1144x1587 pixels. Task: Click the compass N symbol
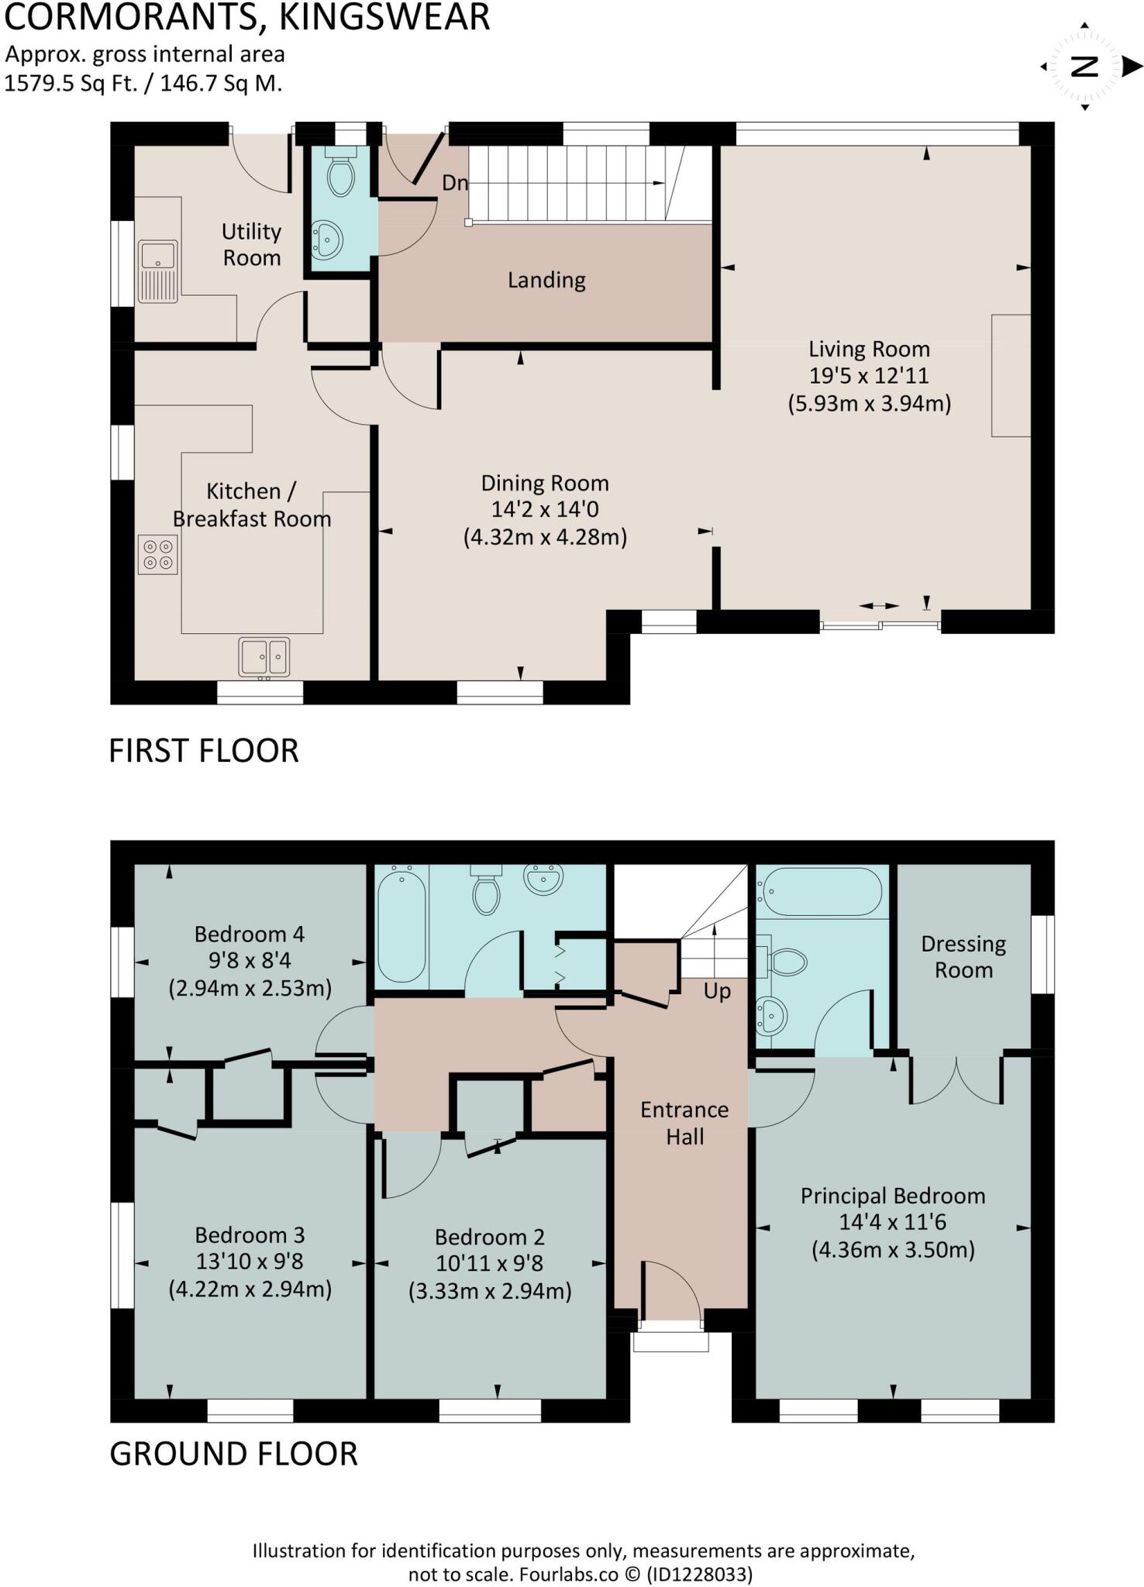pyautogui.click(x=1084, y=67)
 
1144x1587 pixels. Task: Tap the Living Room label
pyautogui.click(x=869, y=349)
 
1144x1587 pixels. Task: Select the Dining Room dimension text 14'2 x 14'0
pyautogui.click(x=545, y=509)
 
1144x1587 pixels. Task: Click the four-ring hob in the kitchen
pyautogui.click(x=157, y=555)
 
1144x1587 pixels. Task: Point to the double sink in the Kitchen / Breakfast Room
pyautogui.click(x=264, y=657)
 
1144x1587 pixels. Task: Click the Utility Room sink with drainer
pyautogui.click(x=157, y=270)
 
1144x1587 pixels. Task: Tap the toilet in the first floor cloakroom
pyautogui.click(x=340, y=175)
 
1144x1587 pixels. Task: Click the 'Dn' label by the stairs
pyautogui.click(x=455, y=183)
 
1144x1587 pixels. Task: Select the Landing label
pyautogui.click(x=546, y=280)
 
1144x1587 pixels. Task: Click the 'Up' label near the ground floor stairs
pyautogui.click(x=717, y=991)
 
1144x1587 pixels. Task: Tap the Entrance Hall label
pyautogui.click(x=684, y=1123)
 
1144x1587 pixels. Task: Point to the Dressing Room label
pyautogui.click(x=963, y=956)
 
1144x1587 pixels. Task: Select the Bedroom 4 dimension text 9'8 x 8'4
pyautogui.click(x=250, y=961)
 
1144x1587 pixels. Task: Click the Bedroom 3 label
pyautogui.click(x=250, y=1234)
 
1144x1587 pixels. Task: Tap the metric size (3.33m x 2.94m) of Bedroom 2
pyautogui.click(x=490, y=1291)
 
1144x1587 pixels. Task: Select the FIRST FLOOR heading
pyautogui.click(x=203, y=751)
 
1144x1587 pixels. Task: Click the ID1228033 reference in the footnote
pyautogui.click(x=700, y=1574)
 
